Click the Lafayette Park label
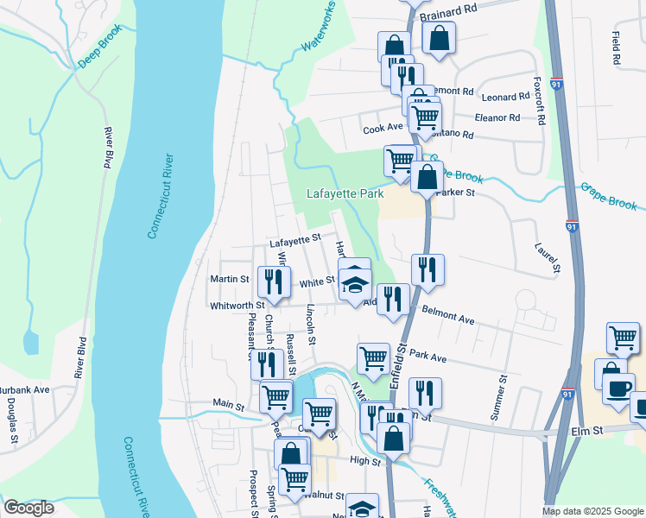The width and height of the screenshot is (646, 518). pyautogui.click(x=345, y=194)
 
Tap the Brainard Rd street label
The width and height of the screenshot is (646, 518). pyautogui.click(x=448, y=12)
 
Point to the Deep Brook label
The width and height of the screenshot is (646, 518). pyautogui.click(x=101, y=47)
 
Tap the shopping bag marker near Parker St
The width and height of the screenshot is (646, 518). pyautogui.click(x=427, y=177)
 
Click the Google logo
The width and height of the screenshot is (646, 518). pyautogui.click(x=28, y=509)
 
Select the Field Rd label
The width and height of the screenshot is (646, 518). pyautogui.click(x=616, y=49)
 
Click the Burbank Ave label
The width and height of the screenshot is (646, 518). pyautogui.click(x=24, y=389)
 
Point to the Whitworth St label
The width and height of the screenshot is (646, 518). pyautogui.click(x=237, y=306)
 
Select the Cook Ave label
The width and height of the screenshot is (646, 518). pyautogui.click(x=383, y=128)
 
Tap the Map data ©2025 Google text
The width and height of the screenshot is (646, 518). pyautogui.click(x=593, y=511)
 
